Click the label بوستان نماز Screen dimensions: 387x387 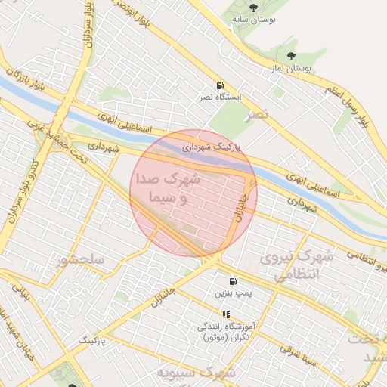point(292,68)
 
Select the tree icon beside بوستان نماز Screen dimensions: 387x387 point(293,56)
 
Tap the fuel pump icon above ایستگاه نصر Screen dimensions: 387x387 point(220,85)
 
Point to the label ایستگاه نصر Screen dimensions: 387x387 point(219,98)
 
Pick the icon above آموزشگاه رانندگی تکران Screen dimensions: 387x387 point(225,314)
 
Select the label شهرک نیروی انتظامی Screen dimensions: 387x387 point(296,266)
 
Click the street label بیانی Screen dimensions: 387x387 point(23,292)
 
